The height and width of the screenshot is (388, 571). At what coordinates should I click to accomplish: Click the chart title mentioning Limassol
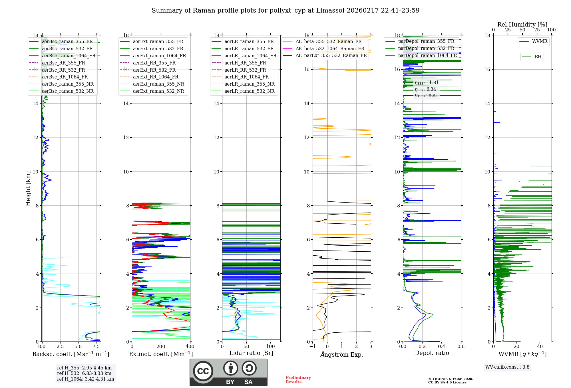click(285, 11)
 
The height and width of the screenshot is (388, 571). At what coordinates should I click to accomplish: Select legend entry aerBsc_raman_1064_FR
click(69, 56)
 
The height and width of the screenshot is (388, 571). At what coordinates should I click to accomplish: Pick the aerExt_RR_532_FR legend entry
click(154, 70)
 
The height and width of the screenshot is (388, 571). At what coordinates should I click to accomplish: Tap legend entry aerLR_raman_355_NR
click(249, 84)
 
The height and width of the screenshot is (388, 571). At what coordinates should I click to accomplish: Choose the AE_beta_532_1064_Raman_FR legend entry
click(330, 48)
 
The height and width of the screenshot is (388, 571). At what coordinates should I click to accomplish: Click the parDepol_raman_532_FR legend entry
click(426, 48)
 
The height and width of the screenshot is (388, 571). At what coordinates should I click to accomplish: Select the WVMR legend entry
click(540, 41)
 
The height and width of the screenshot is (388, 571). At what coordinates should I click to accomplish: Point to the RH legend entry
click(538, 57)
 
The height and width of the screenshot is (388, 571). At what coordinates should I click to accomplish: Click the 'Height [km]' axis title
click(28, 188)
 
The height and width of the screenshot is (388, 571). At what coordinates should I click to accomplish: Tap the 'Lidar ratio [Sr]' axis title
click(251, 353)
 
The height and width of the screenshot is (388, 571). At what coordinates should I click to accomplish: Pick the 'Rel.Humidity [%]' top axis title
click(522, 25)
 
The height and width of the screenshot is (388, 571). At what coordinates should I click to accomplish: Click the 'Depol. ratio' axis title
click(432, 353)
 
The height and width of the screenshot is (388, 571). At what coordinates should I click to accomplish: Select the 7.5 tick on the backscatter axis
click(96, 347)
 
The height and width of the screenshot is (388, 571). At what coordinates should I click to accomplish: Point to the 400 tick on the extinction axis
click(190, 347)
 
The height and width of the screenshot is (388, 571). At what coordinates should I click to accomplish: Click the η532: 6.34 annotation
click(425, 89)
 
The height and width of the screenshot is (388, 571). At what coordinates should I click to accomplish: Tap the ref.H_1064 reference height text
click(85, 379)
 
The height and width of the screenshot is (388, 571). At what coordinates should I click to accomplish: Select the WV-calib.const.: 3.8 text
click(507, 367)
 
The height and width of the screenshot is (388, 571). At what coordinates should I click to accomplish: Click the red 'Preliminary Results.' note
click(298, 380)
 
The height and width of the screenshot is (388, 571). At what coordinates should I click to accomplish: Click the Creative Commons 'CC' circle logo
click(203, 371)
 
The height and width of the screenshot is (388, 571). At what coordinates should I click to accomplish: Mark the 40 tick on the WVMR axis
click(540, 347)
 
